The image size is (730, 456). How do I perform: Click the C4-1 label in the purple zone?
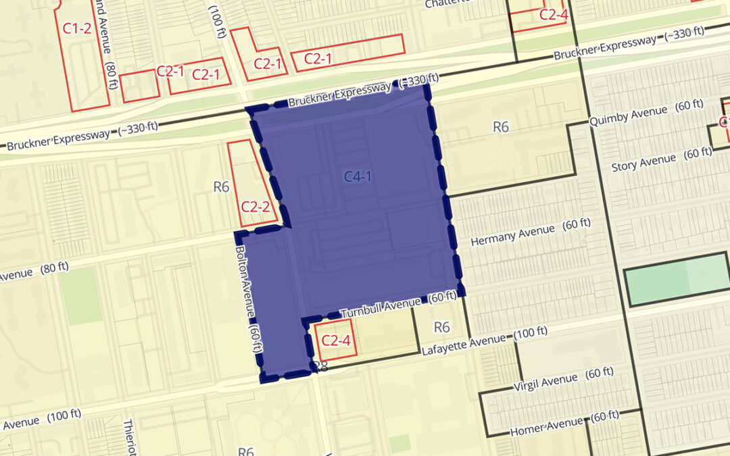coord(358,178)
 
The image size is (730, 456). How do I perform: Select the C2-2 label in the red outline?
coord(255,207)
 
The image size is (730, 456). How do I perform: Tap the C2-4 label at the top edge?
coord(553,15)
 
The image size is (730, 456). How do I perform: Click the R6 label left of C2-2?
coord(222,186)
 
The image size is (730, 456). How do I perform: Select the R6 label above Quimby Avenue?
coord(501,126)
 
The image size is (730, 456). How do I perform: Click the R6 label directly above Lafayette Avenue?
coord(441,327)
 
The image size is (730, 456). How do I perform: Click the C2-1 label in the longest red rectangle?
coord(318,59)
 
